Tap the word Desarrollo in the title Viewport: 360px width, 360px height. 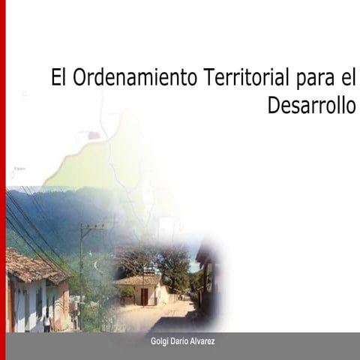click(311, 105)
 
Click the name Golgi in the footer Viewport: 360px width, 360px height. click(160, 341)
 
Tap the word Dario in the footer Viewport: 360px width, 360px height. click(179, 341)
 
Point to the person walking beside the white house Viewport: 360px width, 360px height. click(47, 320)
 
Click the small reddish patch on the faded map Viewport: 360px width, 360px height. click(94, 136)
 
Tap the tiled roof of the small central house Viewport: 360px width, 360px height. click(139, 280)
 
